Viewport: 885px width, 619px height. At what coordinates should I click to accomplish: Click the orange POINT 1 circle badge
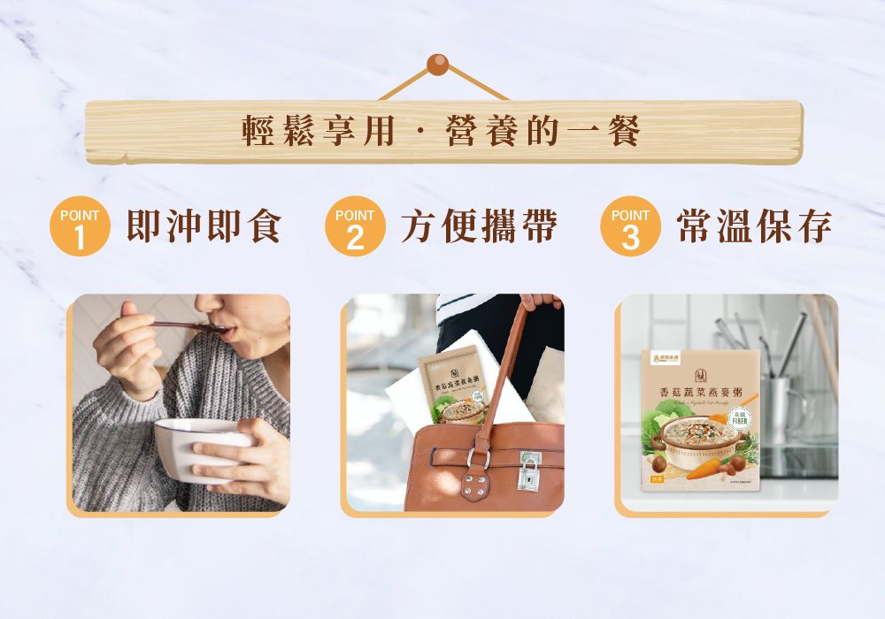pos(80,226)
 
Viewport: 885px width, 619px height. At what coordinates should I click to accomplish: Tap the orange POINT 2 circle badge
pos(355,226)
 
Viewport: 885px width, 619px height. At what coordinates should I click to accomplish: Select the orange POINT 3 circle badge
pos(630,226)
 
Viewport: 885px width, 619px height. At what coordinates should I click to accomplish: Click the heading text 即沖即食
pos(204,226)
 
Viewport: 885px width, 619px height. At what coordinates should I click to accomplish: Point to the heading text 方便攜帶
pos(479,226)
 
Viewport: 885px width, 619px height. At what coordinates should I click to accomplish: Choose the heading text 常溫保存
pos(754,226)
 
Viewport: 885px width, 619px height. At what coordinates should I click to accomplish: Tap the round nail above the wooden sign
pos(437,65)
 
